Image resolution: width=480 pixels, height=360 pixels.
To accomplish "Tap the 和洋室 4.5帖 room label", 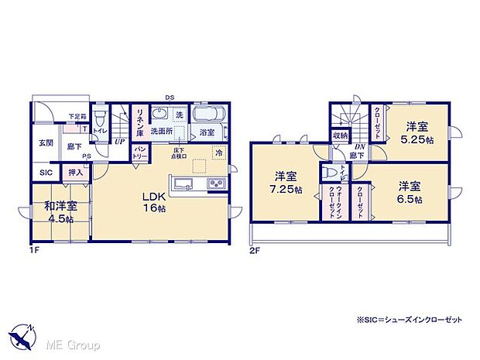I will [x=60, y=211].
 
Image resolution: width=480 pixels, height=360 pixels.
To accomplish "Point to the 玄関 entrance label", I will [x=46, y=142].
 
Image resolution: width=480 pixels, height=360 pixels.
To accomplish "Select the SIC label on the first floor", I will [x=45, y=173].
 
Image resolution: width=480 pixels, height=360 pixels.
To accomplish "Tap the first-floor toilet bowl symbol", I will [x=99, y=119].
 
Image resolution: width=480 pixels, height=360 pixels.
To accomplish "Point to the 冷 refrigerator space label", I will [x=219, y=153].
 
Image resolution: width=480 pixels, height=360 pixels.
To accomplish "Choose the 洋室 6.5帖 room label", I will [x=410, y=192].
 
